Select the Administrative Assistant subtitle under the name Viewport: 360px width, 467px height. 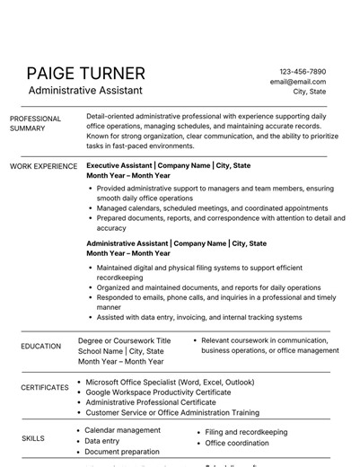[x=84, y=91]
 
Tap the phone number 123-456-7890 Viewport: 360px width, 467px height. [x=303, y=71]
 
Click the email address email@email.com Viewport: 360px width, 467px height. [x=298, y=81]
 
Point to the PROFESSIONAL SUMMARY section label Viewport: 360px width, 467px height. [x=35, y=124]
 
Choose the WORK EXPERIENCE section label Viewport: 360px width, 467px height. [x=43, y=166]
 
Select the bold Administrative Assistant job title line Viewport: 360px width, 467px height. [x=176, y=243]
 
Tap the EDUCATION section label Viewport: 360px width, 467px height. [x=41, y=346]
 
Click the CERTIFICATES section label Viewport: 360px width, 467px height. [x=45, y=388]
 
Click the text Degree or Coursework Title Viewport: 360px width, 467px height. [x=124, y=341]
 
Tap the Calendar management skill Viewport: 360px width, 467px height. [x=123, y=430]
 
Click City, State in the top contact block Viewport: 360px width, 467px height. [x=309, y=92]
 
